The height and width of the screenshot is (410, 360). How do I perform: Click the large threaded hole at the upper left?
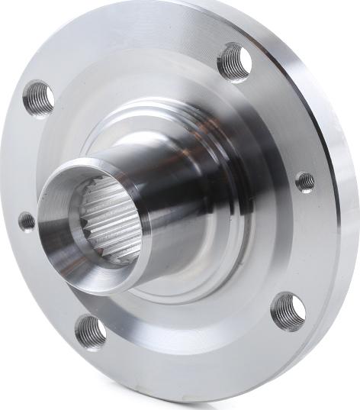tap(38, 98)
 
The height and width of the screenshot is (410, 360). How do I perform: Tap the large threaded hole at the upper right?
tap(234, 61)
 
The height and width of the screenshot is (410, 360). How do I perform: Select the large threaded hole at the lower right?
tap(288, 311)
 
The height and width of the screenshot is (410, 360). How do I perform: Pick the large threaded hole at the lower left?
tap(91, 331)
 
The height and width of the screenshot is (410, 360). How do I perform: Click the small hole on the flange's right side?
tap(305, 182)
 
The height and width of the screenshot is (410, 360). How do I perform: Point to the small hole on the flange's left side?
tap(27, 221)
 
